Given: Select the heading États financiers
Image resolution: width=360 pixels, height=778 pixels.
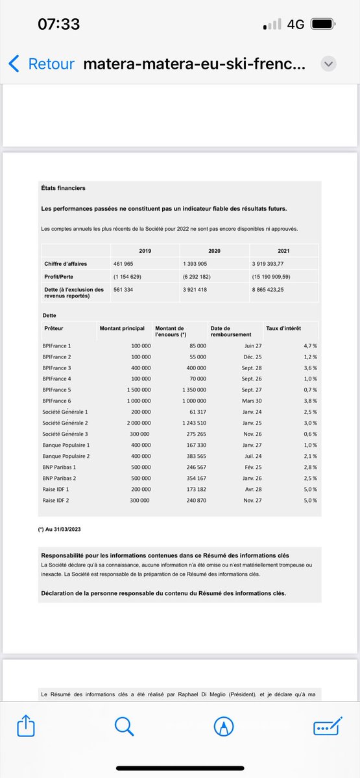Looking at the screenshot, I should [x=64, y=188].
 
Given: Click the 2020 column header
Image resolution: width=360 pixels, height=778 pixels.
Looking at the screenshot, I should [x=214, y=250].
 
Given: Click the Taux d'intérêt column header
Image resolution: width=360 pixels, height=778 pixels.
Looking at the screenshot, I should [x=283, y=329].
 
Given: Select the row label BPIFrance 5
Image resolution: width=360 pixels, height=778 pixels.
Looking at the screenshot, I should [x=56, y=390].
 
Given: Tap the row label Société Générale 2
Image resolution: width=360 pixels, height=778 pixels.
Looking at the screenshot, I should [x=65, y=423].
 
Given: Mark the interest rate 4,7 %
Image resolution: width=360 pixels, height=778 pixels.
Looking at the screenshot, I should [x=310, y=346].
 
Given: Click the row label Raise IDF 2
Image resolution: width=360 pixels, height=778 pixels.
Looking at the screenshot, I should [x=56, y=500].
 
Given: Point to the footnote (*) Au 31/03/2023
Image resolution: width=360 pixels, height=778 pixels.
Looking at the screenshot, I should [x=60, y=529].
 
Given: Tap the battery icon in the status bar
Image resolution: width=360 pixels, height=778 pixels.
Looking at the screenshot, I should [x=322, y=24].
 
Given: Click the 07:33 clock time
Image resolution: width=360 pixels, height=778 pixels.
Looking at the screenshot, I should [x=58, y=24].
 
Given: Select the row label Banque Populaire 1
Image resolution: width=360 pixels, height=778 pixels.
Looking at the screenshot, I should [x=66, y=445].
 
